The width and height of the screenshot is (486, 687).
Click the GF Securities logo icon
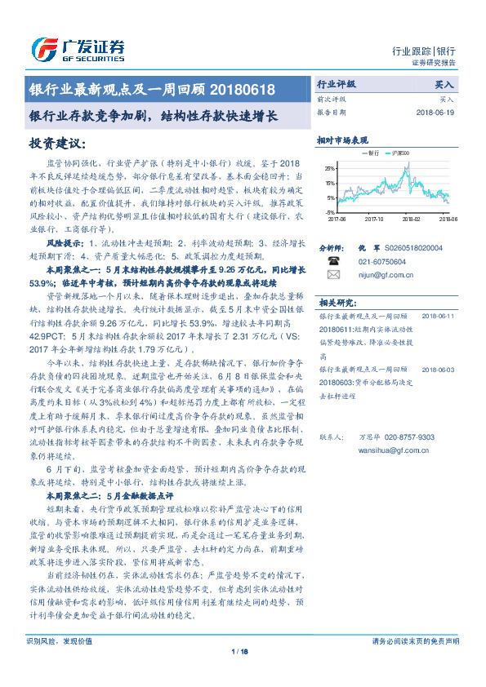click(41, 48)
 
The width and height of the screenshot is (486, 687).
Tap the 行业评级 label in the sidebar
click(336, 84)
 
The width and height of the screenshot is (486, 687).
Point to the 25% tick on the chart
click(330, 167)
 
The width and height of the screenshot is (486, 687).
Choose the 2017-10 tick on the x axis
click(375, 219)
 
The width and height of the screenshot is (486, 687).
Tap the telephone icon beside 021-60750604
click(333, 262)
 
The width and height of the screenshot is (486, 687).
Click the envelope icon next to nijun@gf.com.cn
click(333, 275)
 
